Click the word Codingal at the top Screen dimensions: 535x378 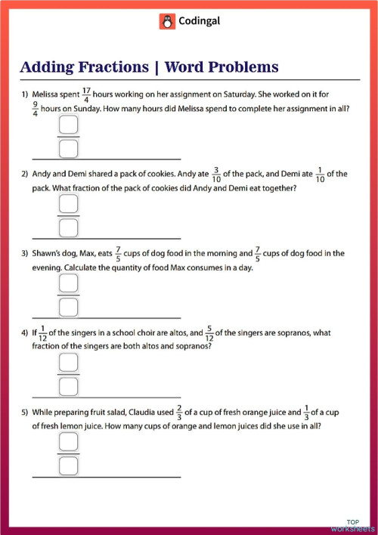pos(198,23)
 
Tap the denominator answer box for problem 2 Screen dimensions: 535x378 pos(69,226)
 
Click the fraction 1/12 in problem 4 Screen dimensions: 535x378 pos(44,332)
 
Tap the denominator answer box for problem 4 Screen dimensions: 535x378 pos(69,385)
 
